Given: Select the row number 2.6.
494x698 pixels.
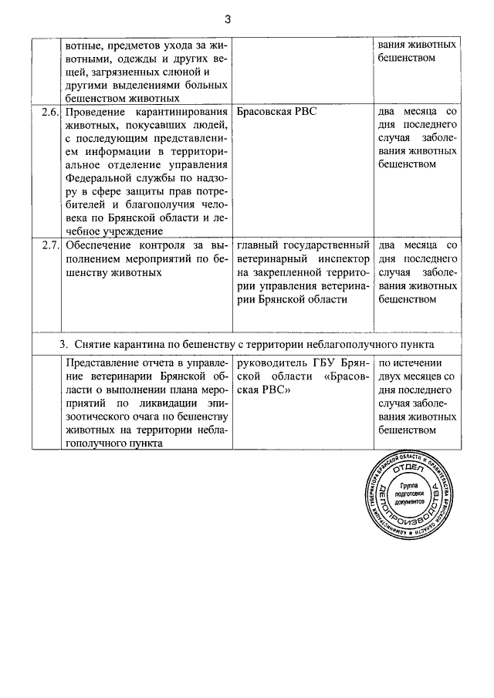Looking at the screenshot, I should point(49,111).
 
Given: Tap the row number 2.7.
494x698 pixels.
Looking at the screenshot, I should point(49,245).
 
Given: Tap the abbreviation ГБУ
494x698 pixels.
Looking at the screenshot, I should point(325,362).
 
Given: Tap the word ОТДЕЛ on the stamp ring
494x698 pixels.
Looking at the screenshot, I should point(410,468).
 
